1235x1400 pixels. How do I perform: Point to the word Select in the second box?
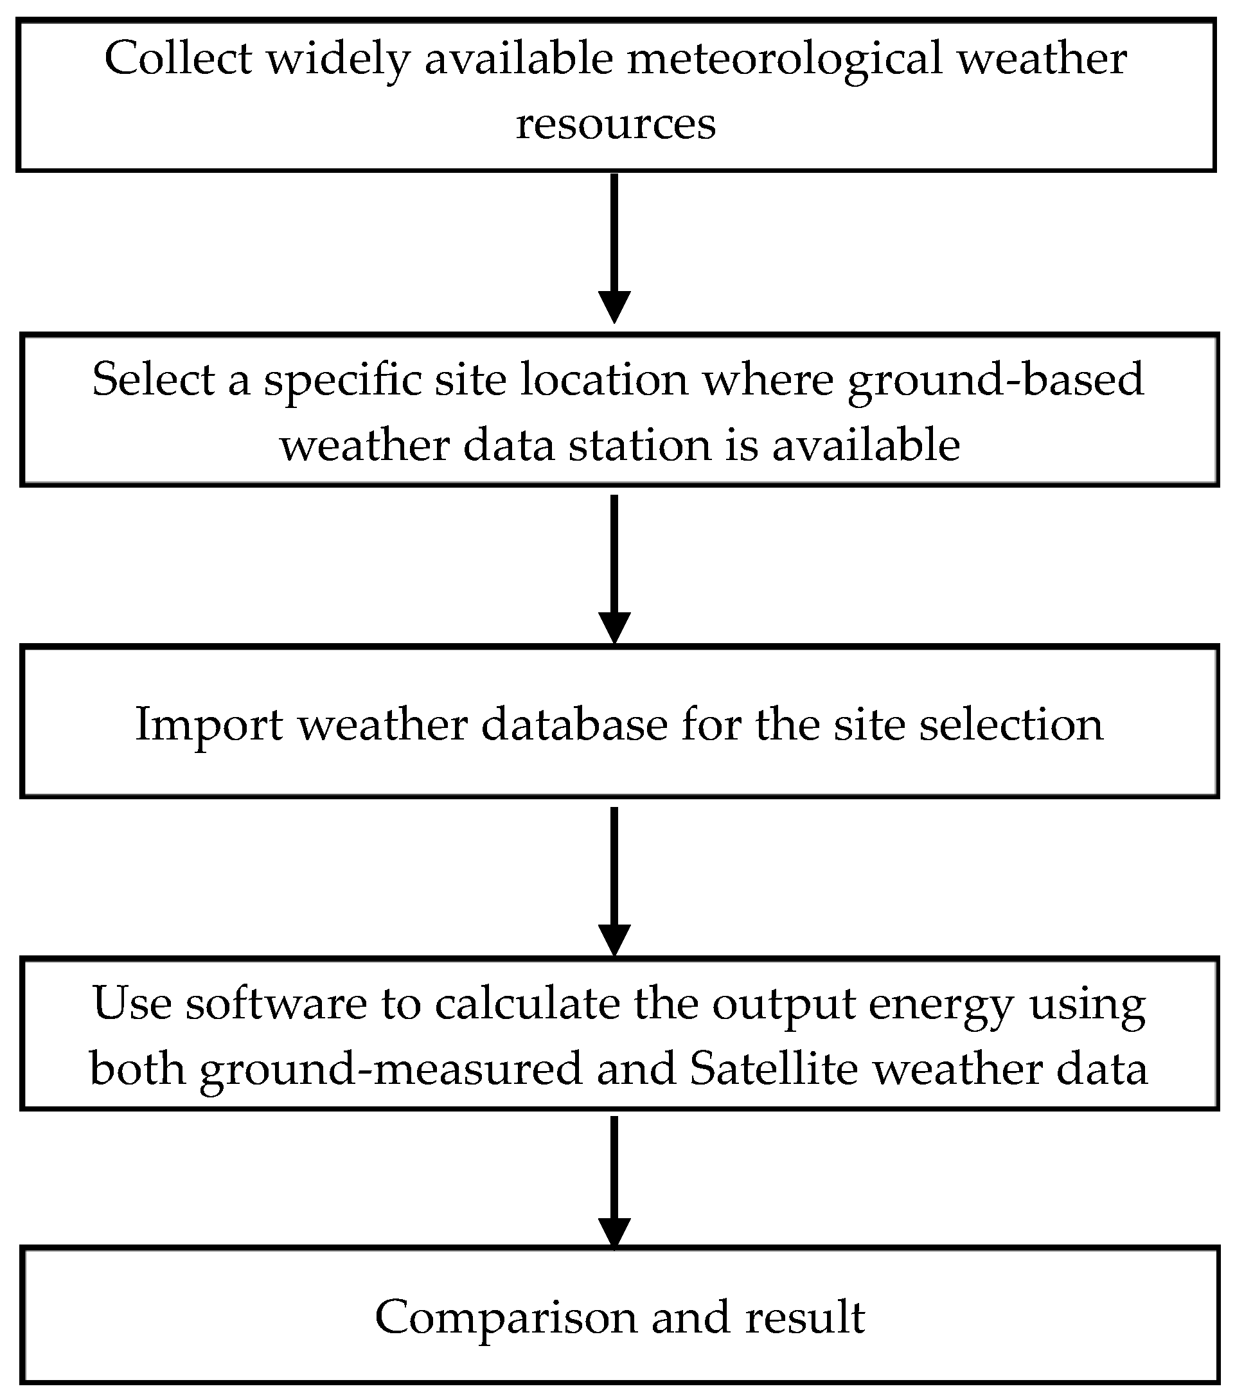coord(154,380)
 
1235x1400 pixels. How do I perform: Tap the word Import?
coord(209,725)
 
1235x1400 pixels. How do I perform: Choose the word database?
coord(574,724)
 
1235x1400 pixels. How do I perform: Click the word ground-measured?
coord(391,1070)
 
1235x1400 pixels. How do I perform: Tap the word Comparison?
coord(506,1318)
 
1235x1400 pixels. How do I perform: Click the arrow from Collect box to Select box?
coord(614,247)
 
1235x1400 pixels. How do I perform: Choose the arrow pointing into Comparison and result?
coord(614,1181)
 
